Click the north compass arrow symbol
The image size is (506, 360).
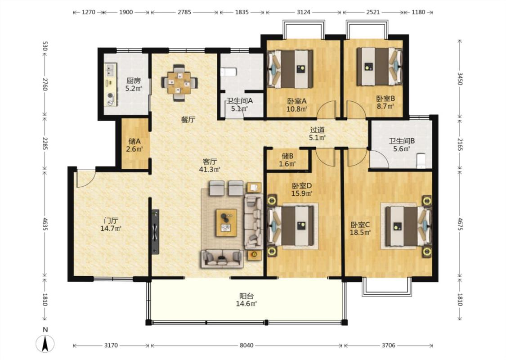[x=45, y=343]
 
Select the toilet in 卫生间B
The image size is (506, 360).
[x=421, y=161]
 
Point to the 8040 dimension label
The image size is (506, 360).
[x=246, y=345]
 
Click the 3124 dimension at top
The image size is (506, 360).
[x=303, y=12]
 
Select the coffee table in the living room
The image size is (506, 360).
[x=226, y=223]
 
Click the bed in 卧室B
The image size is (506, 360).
[x=380, y=67]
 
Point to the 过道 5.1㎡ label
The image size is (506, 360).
[x=318, y=134]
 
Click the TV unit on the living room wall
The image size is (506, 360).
[x=156, y=232]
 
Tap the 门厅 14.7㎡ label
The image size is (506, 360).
[x=111, y=225]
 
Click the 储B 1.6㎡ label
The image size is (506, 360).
[x=287, y=160]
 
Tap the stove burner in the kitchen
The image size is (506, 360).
[x=110, y=95]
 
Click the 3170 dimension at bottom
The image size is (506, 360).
[x=111, y=345]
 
